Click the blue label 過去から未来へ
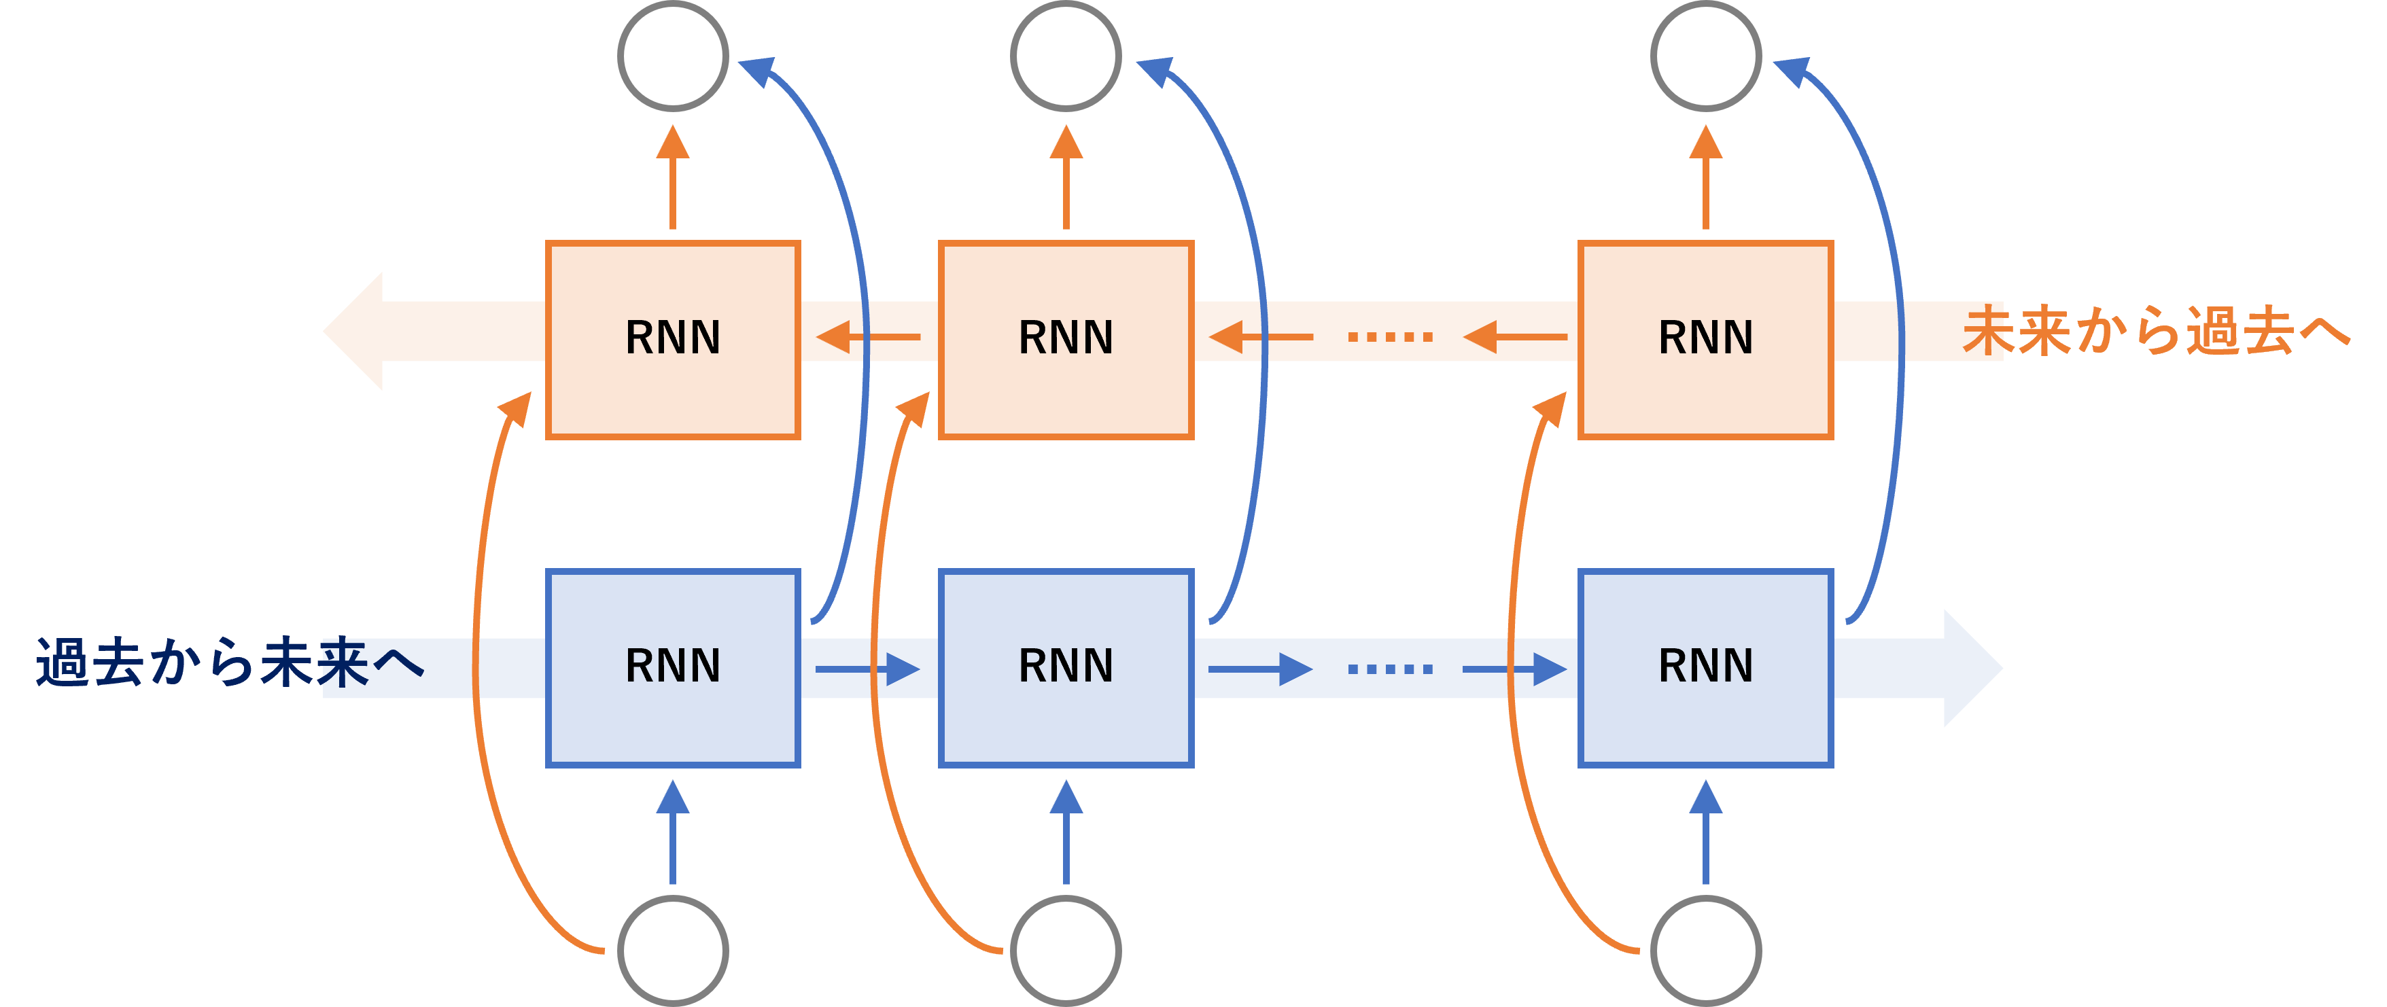point(230,663)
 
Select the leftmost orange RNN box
point(673,339)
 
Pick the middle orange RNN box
point(1066,339)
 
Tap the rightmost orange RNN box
point(1705,339)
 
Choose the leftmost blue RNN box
point(673,668)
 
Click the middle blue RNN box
point(1066,668)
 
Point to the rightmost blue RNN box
point(1705,668)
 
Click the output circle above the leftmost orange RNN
point(673,56)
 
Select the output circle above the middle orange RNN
point(1066,56)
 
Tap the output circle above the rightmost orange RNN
point(1705,56)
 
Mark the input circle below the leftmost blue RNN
point(673,951)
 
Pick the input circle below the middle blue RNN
point(1066,951)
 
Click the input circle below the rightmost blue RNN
point(1705,951)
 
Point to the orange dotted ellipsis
point(1390,336)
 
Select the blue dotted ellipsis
point(1390,668)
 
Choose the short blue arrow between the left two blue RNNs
point(867,668)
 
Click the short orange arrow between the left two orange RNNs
point(867,336)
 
